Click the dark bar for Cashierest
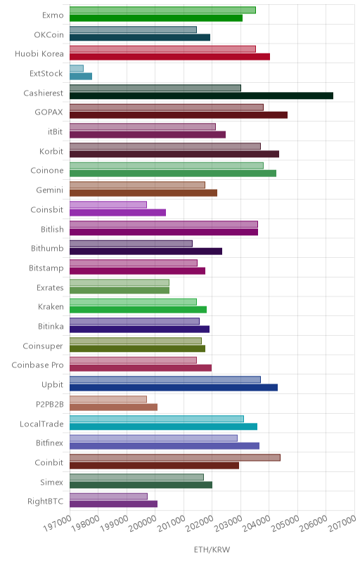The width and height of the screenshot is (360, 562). (201, 96)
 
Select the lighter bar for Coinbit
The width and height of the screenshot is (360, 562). (175, 458)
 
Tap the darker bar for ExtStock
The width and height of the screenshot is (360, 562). (81, 77)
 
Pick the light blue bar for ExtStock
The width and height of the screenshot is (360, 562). (77, 68)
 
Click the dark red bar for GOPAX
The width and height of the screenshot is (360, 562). (178, 115)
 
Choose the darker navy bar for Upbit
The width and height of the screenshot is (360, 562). (174, 388)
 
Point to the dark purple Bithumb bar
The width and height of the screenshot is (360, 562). (146, 251)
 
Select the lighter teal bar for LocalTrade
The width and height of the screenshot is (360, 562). (157, 419)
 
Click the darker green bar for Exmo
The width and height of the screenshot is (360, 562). (156, 18)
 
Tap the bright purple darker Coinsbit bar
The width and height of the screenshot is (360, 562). (117, 213)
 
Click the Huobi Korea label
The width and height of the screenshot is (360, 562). (39, 54)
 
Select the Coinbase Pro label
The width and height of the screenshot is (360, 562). (38, 365)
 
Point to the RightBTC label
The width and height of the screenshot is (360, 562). (46, 501)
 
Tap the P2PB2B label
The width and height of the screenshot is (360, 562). (50, 405)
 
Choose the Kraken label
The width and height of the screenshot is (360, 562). (51, 307)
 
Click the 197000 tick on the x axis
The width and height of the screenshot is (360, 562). (58, 523)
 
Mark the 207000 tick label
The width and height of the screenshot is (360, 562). (342, 523)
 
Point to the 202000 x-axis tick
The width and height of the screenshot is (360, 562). (200, 523)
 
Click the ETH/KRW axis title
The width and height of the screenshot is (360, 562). (212, 549)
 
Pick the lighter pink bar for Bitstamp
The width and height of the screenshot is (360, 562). (134, 263)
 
